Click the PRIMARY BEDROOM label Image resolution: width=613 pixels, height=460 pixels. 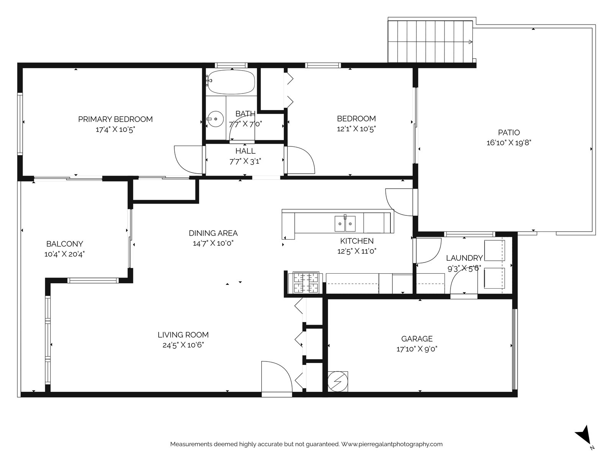tap(115, 119)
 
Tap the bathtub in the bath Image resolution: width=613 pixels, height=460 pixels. tap(231, 82)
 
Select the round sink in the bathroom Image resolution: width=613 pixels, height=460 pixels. tap(216, 119)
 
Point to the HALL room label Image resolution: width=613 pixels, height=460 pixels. tap(245, 151)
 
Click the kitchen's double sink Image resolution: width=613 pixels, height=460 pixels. tap(345, 223)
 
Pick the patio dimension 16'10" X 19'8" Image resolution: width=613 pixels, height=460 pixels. tap(509, 143)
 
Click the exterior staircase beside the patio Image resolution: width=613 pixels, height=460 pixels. tap(431, 42)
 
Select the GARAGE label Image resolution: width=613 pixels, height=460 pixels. tap(417, 339)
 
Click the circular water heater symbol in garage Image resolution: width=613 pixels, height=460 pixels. tap(338, 381)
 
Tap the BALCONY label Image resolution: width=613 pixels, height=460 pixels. tap(64, 244)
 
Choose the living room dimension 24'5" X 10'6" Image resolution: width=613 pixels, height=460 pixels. tap(183, 345)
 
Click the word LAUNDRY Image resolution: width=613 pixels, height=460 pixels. tap(464, 258)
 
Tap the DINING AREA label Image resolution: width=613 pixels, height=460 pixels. tap(213, 233)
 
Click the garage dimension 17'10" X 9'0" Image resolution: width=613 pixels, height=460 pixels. tap(417, 349)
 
